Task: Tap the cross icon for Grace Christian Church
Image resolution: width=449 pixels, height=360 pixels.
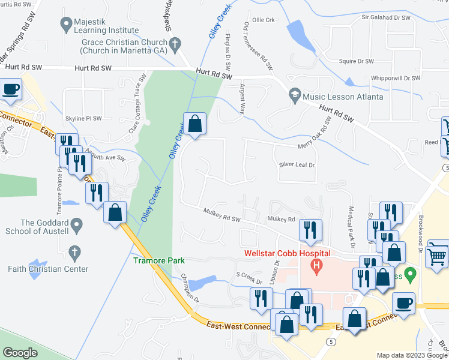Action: [x=175, y=43]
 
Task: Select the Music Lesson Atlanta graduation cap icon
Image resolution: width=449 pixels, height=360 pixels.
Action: [x=295, y=96]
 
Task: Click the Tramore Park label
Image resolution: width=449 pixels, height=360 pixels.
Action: [x=159, y=260]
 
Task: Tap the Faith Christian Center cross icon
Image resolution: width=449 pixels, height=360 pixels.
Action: [x=74, y=252]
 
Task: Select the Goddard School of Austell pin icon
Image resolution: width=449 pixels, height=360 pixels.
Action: [x=76, y=226]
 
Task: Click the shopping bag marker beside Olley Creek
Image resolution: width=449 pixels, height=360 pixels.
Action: [x=194, y=125]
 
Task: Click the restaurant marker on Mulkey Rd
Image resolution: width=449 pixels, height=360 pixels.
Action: [x=310, y=231]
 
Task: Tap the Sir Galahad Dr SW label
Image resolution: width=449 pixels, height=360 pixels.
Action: [x=386, y=18]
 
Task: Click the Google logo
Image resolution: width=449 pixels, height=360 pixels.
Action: [x=20, y=353]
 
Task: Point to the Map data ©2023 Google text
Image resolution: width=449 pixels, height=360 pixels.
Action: [x=411, y=355]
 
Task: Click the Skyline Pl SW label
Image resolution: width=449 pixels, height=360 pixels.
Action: [x=83, y=119]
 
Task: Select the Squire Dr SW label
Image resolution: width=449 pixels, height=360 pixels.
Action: [x=357, y=61]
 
